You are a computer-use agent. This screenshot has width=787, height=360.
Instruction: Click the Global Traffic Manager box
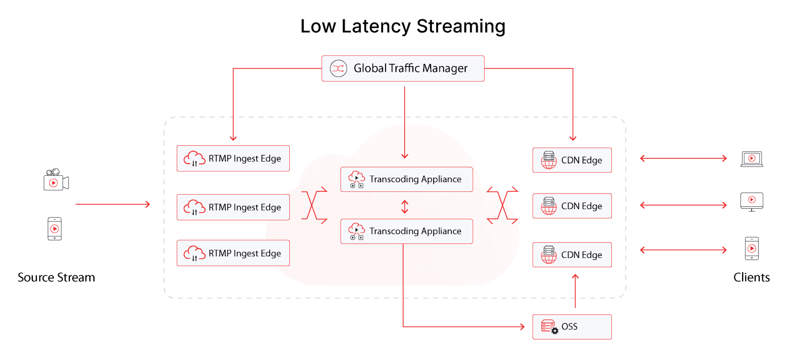pyautogui.click(x=403, y=69)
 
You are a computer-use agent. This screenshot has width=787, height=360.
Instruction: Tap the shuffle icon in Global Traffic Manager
pyautogui.click(x=338, y=69)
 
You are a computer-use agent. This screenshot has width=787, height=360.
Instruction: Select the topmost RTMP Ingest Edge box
pyautogui.click(x=233, y=158)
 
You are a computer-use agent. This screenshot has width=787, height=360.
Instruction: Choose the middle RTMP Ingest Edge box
pyautogui.click(x=233, y=207)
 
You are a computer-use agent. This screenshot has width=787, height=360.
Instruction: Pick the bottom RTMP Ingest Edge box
pyautogui.click(x=233, y=253)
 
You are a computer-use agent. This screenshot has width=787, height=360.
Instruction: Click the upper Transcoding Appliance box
pyautogui.click(x=406, y=179)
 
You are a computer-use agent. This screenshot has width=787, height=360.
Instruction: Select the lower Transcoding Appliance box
pyautogui.click(x=406, y=231)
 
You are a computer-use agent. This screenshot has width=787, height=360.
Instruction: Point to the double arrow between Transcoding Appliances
pyautogui.click(x=405, y=207)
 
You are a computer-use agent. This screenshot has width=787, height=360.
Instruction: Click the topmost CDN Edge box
pyautogui.click(x=572, y=160)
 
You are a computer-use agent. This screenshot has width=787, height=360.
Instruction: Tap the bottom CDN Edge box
pyautogui.click(x=572, y=255)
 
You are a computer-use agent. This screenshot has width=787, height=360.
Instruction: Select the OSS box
pyautogui.click(x=572, y=327)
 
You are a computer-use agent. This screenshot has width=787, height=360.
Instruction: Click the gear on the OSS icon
pyautogui.click(x=555, y=331)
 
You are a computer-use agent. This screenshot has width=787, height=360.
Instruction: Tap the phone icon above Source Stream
pyautogui.click(x=55, y=228)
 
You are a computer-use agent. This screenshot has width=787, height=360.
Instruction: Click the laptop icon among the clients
pyautogui.click(x=752, y=159)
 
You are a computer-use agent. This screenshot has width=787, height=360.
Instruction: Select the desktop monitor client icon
pyautogui.click(x=752, y=202)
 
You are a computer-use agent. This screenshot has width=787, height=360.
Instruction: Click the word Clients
pyautogui.click(x=751, y=277)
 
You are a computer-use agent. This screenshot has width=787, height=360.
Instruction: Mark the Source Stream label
pyautogui.click(x=56, y=277)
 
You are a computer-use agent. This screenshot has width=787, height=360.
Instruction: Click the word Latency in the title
pyautogui.click(x=376, y=27)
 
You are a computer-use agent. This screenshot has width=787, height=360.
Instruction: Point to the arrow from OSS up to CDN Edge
pyautogui.click(x=575, y=291)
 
